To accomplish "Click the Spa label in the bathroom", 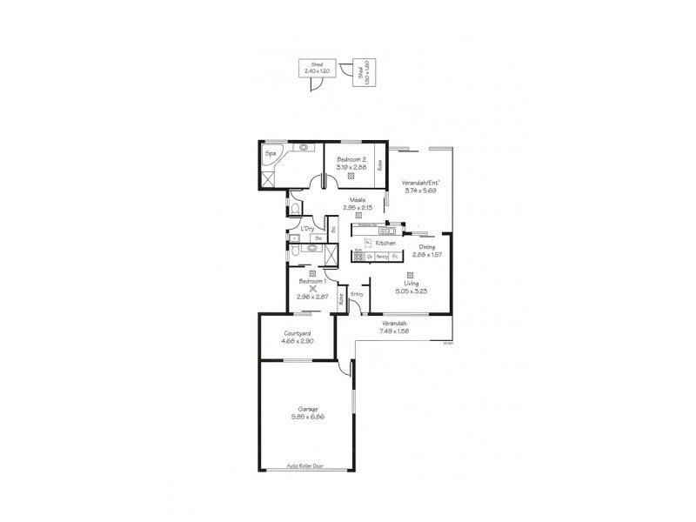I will coord(271,154).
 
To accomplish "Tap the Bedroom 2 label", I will coord(351,160).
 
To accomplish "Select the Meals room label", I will coord(357,200).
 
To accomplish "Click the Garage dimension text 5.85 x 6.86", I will coord(307,418).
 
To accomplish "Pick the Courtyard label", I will coord(298,334).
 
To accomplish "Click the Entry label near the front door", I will coord(356,294).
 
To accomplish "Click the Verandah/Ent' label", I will coord(421,183).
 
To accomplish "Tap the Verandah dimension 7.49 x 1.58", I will coord(394,331).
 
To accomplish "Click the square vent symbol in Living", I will coord(408,274).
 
